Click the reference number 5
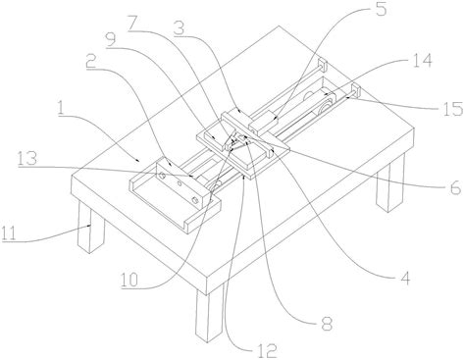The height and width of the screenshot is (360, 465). (x=380, y=9)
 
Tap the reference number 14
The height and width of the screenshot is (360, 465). (x=422, y=61)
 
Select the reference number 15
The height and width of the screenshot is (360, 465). (x=452, y=108)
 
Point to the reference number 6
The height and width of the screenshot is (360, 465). (x=455, y=188)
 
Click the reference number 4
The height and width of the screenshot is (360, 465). (x=404, y=279)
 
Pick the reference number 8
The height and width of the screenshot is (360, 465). (x=326, y=324)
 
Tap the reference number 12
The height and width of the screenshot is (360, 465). (x=267, y=352)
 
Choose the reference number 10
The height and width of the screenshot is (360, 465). (x=129, y=281)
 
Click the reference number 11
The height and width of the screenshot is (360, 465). (x=9, y=233)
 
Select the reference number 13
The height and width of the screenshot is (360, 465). (x=27, y=159)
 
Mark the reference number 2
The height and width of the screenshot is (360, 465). (x=91, y=61)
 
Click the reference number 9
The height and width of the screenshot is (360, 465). (x=111, y=40)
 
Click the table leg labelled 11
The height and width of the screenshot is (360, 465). (x=90, y=228)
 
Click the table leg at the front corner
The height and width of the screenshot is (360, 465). (x=209, y=315)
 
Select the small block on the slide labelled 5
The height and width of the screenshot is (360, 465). (x=263, y=123)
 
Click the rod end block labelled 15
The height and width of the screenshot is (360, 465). (x=355, y=90)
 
